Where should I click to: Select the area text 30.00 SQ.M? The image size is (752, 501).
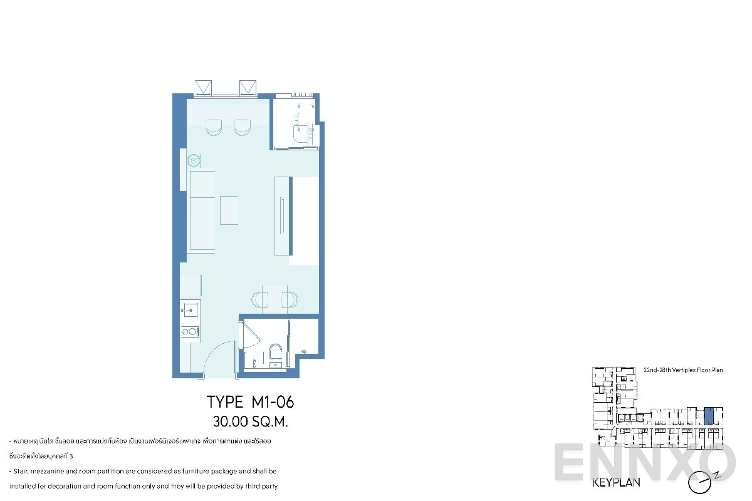250,421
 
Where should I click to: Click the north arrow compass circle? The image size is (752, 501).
700,483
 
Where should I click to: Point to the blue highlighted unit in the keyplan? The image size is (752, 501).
709,416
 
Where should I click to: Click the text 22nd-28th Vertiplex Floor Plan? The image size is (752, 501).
683,370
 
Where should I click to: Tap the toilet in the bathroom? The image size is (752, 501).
275,353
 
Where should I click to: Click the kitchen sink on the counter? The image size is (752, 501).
190,308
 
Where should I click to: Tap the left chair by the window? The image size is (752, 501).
214,127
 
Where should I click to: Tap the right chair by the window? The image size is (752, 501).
243,127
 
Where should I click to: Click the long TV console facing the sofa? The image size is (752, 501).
283,215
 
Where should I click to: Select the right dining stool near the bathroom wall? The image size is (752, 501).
289,299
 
